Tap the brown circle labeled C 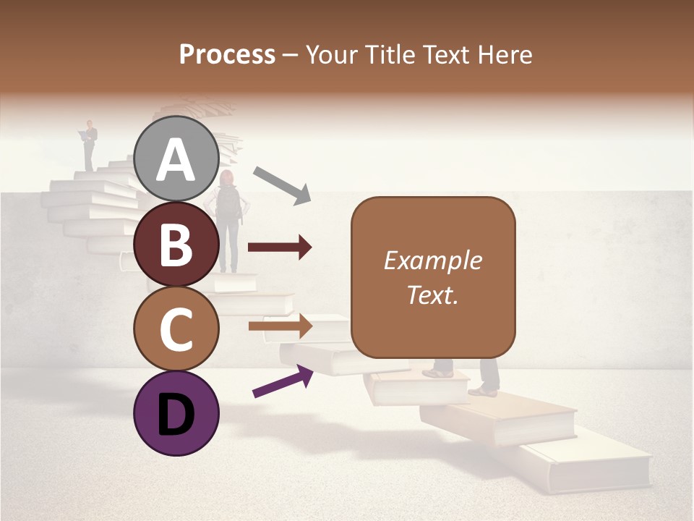pyautogui.click(x=176, y=329)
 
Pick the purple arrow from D pyautogui.click(x=282, y=381)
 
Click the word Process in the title pyautogui.click(x=227, y=55)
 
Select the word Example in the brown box pyautogui.click(x=432, y=260)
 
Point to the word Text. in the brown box pyautogui.click(x=432, y=295)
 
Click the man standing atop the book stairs pyautogui.click(x=89, y=145)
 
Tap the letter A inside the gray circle pyautogui.click(x=176, y=161)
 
